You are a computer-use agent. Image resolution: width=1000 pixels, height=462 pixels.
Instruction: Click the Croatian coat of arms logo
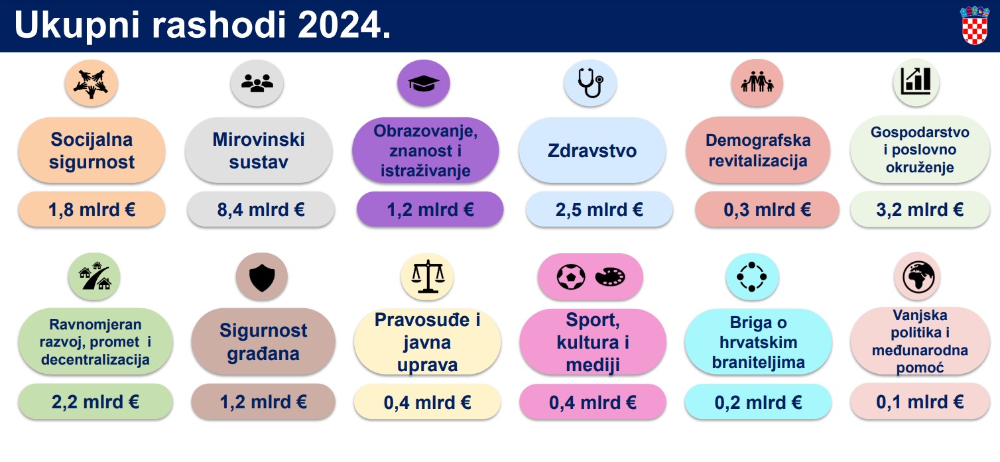coord(975,26)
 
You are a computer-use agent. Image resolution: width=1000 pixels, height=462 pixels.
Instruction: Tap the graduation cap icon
coord(423,84)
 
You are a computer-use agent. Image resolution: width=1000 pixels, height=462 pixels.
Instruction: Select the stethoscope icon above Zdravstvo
coord(590,84)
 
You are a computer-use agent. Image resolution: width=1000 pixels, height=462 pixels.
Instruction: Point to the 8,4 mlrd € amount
coord(261,210)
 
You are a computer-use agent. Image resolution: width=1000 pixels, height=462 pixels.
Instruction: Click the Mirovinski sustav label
coord(259,150)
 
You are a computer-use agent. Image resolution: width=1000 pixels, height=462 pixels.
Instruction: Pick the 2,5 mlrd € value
coord(599,210)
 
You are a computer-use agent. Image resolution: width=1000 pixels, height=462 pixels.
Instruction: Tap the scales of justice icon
coord(427,276)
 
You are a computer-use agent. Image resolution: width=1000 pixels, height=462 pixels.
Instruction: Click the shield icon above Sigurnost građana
coord(261,277)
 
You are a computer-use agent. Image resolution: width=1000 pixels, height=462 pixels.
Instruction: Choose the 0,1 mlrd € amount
coord(920,402)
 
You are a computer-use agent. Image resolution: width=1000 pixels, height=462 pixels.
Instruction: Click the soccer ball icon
coord(570,276)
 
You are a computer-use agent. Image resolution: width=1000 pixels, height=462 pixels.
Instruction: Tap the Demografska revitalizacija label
coord(758,150)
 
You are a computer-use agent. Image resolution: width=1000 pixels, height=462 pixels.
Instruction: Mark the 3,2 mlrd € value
coord(920,210)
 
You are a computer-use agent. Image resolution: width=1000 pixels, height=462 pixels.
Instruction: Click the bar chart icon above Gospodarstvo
coord(916,82)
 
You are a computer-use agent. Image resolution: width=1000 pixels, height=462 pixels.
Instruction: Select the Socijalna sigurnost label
coord(92,150)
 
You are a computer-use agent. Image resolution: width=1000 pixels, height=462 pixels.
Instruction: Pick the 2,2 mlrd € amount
coord(95,402)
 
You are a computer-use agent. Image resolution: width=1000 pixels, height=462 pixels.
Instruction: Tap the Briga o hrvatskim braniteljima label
coord(758,343)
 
